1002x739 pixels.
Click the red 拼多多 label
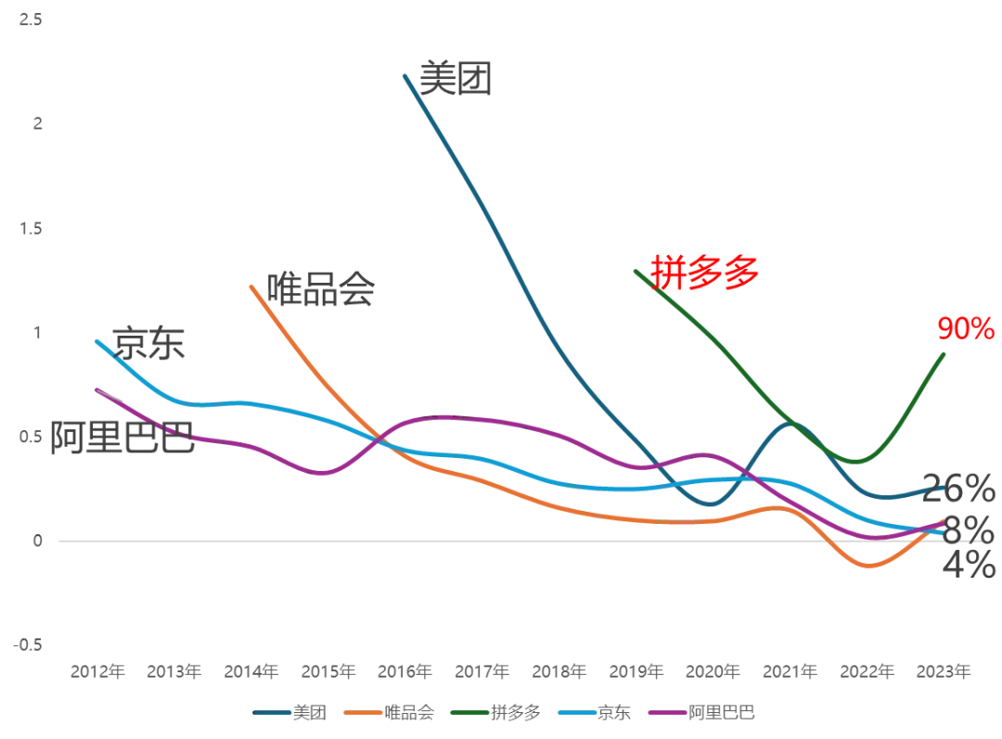(704, 274)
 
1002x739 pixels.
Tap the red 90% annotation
(965, 328)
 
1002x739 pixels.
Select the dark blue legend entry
(289, 713)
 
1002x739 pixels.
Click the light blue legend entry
(595, 713)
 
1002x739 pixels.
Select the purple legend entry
(705, 713)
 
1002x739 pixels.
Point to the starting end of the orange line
(250, 286)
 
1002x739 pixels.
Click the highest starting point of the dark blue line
(405, 70)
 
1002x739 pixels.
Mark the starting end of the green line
(635, 271)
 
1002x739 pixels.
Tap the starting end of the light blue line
(94, 339)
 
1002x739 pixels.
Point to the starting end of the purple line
(94, 389)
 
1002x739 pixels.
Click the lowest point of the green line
(854, 463)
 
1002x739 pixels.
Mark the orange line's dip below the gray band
(866, 565)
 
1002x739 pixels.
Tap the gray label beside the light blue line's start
(148, 341)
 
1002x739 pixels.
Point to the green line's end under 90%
(945, 351)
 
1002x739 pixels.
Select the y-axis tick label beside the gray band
(36, 541)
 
